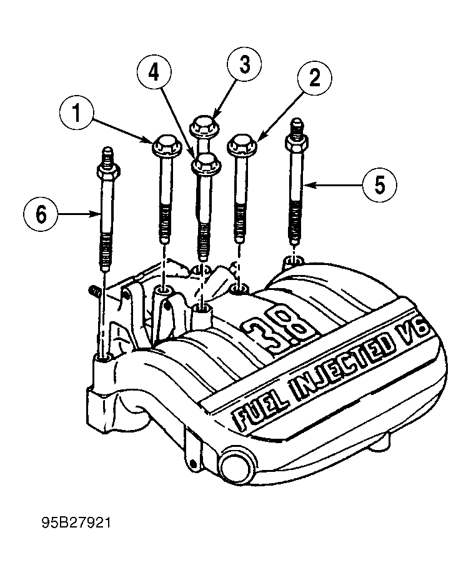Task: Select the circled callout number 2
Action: pyautogui.click(x=314, y=79)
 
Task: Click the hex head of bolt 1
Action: pyautogui.click(x=165, y=147)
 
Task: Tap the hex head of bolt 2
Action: pyautogui.click(x=241, y=146)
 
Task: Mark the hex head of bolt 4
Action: pyautogui.click(x=206, y=165)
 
